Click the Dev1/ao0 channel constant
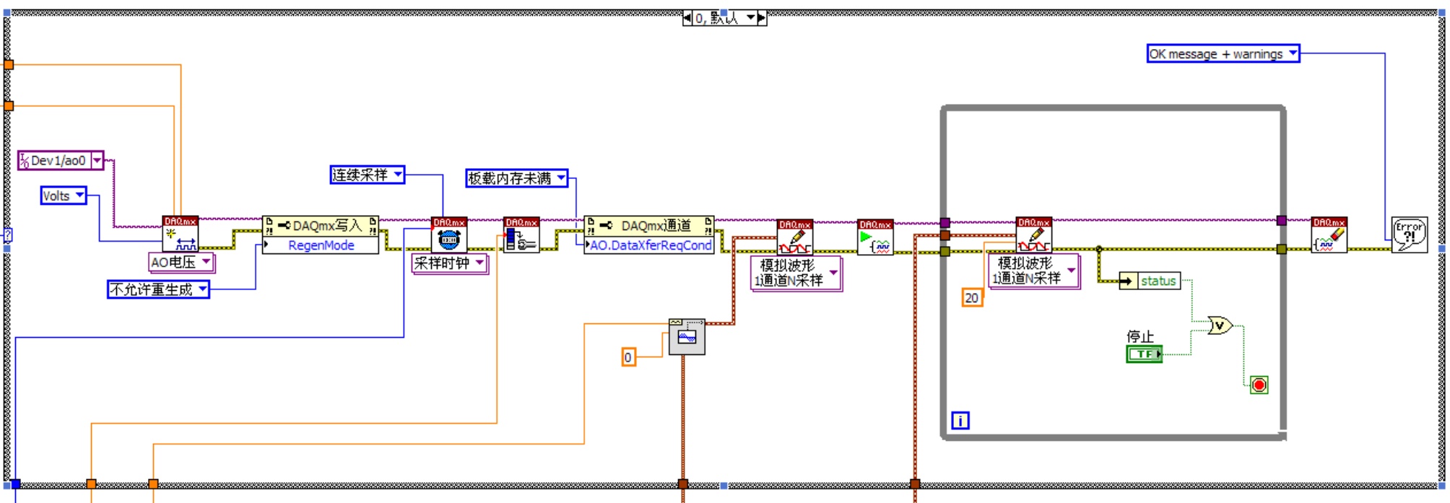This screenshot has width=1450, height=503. (58, 160)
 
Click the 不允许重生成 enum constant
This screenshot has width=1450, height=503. (151, 289)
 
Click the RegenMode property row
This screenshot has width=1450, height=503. (321, 245)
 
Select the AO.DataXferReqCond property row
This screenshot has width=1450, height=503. (651, 245)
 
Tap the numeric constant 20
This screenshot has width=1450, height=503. (972, 297)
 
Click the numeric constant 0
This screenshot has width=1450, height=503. (628, 357)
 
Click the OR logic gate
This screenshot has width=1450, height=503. (1220, 326)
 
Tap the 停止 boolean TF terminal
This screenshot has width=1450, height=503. (1144, 354)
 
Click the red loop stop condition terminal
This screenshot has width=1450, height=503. (1259, 385)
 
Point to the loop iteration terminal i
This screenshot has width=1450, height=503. (960, 420)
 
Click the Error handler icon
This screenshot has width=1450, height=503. (1409, 235)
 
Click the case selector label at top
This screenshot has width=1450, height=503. (724, 18)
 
